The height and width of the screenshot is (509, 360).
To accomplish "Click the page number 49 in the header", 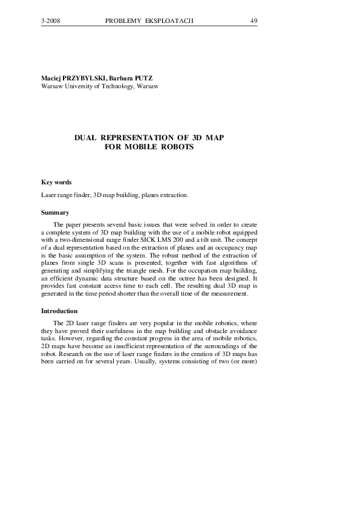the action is (254, 21).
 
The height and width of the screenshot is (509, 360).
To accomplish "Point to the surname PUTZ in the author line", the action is (143, 79).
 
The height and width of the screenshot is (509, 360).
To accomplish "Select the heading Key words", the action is (56, 182).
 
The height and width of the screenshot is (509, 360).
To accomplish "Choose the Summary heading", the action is (55, 212).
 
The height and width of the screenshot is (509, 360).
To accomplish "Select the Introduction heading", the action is (59, 311).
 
